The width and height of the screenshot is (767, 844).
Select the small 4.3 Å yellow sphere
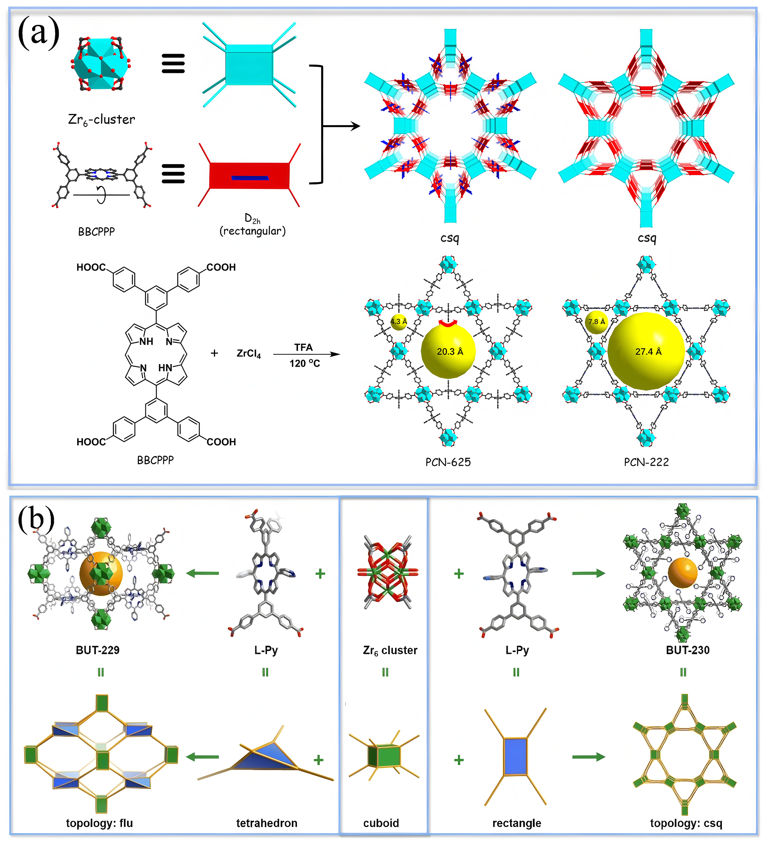(398, 322)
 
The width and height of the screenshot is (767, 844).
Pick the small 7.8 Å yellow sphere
(596, 322)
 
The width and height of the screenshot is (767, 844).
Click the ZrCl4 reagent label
(249, 354)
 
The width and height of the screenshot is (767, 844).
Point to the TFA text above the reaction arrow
(303, 347)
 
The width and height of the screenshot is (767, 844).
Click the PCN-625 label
(448, 462)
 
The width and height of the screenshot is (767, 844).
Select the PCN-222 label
(646, 462)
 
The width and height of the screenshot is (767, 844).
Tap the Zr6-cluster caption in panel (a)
(101, 120)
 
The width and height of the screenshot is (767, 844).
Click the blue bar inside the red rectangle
(250, 178)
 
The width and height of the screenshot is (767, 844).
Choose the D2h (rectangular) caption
(253, 225)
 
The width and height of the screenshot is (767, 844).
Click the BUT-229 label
(97, 650)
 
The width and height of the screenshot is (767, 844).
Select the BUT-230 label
(688, 650)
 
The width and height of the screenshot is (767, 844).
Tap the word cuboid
(381, 823)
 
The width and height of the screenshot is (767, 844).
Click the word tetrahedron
(267, 823)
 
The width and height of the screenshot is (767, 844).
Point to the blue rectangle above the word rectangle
(516, 757)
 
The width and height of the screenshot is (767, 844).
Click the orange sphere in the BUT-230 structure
(683, 572)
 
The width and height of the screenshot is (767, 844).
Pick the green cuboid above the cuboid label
(385, 756)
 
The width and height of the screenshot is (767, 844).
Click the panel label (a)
(39, 32)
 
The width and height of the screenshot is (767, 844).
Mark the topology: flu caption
(99, 823)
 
